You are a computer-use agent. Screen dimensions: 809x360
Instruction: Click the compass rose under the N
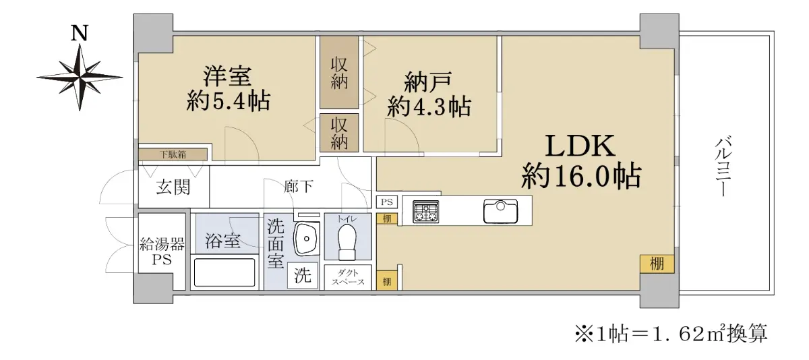coord(80,78)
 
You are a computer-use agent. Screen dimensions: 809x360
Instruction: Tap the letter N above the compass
coord(80,33)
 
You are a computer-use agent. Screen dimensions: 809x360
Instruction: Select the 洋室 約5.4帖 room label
coord(229,88)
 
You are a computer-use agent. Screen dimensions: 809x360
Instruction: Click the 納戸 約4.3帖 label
coord(429,94)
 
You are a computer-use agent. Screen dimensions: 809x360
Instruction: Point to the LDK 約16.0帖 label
coord(580,161)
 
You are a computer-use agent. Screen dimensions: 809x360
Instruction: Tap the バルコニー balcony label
coord(724,166)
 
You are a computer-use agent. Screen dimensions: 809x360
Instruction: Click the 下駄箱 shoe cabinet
coord(173,154)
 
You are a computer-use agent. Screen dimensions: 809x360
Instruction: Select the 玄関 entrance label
coord(173,187)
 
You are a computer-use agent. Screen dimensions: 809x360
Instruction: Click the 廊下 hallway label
coord(298,186)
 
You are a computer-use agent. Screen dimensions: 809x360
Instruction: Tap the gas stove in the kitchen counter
coord(426,212)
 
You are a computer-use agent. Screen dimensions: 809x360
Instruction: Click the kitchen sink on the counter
coord(500,211)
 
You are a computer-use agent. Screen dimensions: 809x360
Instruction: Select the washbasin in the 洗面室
coord(307,239)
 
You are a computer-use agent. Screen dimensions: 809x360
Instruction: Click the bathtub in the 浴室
coord(224,272)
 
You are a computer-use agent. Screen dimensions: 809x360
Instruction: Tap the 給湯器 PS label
coord(162,251)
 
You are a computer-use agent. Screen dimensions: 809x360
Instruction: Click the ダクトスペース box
coord(348,277)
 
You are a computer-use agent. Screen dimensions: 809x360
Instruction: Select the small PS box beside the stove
coord(387,202)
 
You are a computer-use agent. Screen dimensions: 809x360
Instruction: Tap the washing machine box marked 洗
coord(303,276)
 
